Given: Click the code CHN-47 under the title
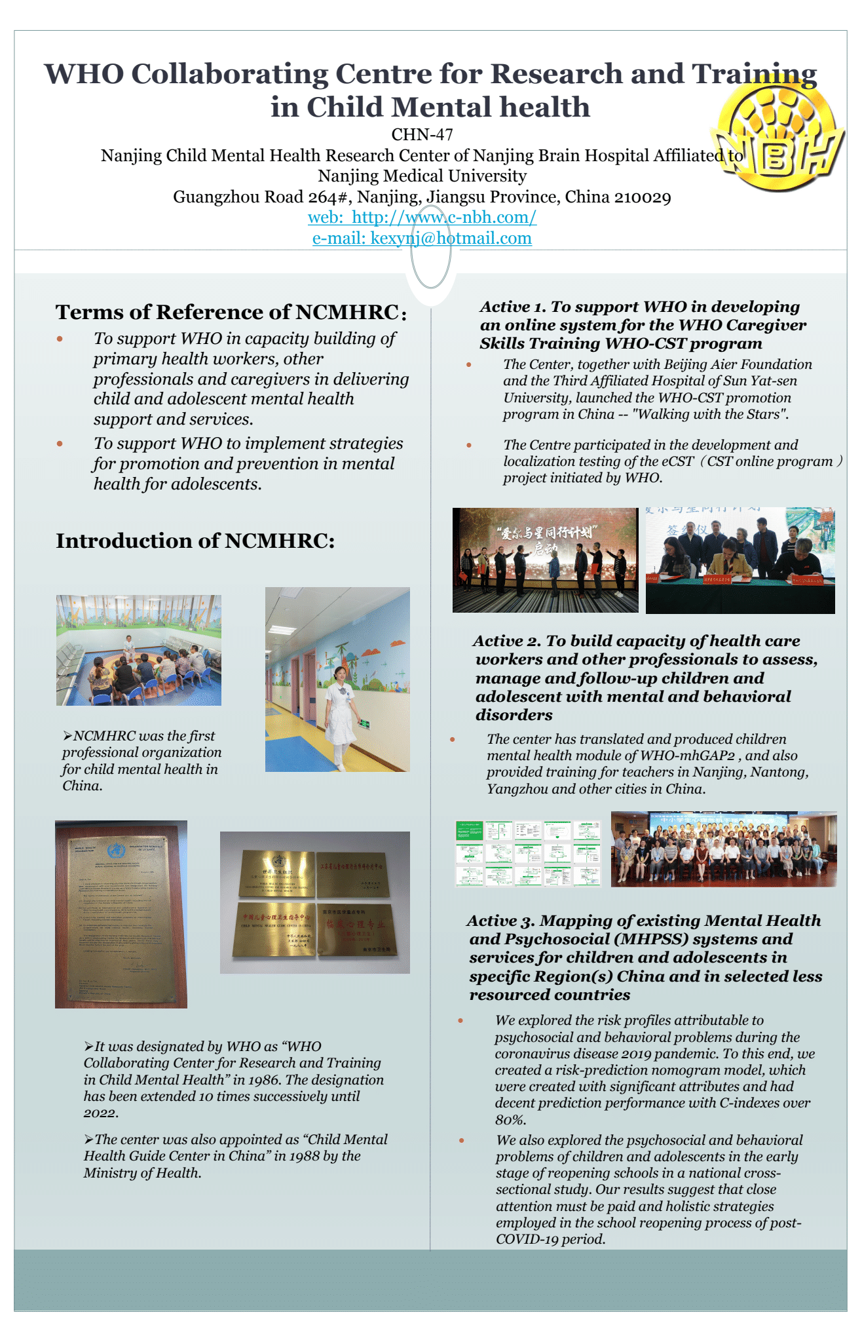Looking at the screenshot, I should pos(422,135).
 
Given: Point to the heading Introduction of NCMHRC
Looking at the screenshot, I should pos(195,541).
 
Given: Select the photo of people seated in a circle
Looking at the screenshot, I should pos(138,650).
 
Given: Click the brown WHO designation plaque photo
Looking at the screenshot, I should pos(121,914).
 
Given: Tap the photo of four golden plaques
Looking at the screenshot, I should pos(314,902).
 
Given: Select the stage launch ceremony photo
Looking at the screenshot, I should pos(545,560).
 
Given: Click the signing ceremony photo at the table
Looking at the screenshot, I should pos(740,560).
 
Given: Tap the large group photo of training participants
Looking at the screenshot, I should pos(724,849).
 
